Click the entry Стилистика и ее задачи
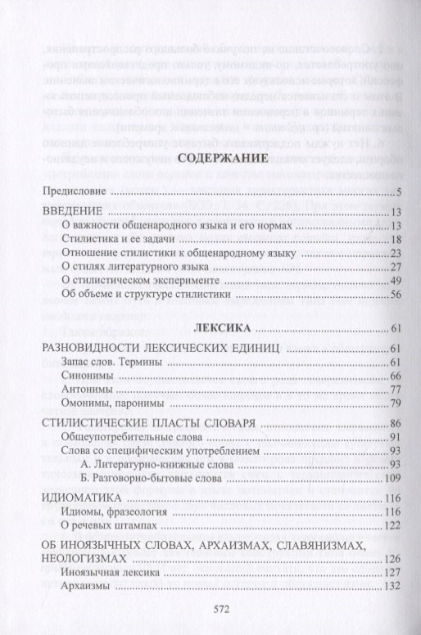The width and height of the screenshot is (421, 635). [116, 239]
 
